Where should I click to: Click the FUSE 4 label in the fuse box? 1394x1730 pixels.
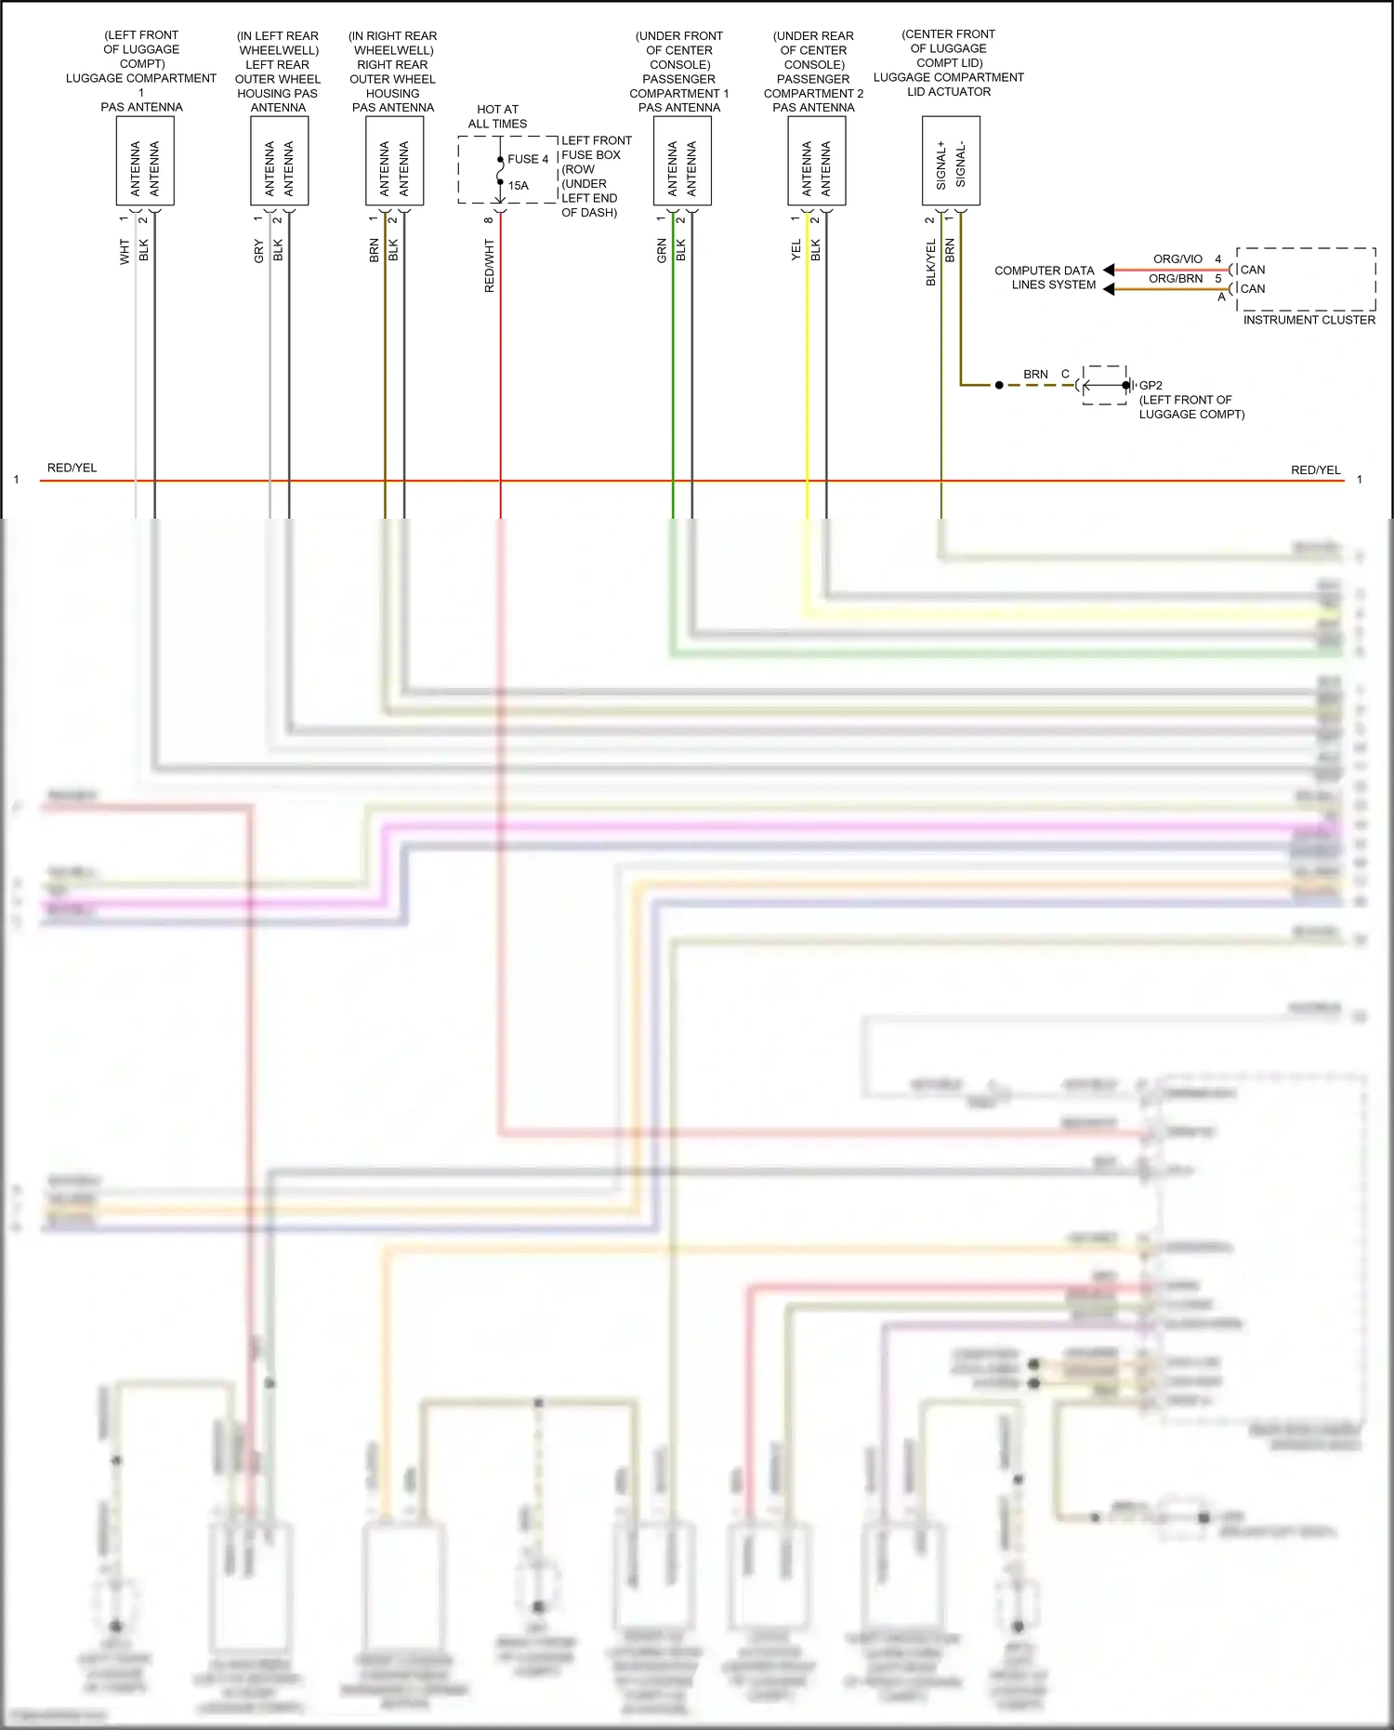(x=528, y=159)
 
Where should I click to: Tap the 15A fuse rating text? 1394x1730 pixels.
(x=518, y=186)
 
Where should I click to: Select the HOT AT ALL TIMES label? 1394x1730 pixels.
(x=497, y=116)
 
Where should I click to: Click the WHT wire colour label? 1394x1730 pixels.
(x=125, y=251)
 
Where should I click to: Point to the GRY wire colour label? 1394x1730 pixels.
(x=259, y=251)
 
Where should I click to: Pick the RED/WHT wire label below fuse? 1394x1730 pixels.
(x=490, y=266)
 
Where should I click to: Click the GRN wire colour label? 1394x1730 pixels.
(x=662, y=250)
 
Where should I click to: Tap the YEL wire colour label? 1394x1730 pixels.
(x=796, y=250)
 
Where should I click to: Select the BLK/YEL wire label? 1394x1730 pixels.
(x=930, y=262)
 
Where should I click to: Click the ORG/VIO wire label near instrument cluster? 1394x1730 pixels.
(x=1177, y=259)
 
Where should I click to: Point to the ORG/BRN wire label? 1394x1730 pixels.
(x=1176, y=279)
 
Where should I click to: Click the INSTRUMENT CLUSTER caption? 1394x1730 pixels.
(x=1309, y=320)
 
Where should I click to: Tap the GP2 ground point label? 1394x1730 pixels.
(x=1151, y=385)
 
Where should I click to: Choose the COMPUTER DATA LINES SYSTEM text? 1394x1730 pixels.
(x=1045, y=278)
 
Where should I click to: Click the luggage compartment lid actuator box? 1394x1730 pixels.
(x=951, y=161)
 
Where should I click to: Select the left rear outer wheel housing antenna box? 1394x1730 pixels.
(x=279, y=161)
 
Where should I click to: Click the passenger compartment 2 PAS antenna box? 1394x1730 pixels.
(x=816, y=161)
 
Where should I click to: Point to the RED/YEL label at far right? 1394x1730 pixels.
(x=1315, y=470)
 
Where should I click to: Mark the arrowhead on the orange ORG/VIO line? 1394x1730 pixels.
(x=1109, y=271)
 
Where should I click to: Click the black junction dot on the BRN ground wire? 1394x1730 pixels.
(x=999, y=385)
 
